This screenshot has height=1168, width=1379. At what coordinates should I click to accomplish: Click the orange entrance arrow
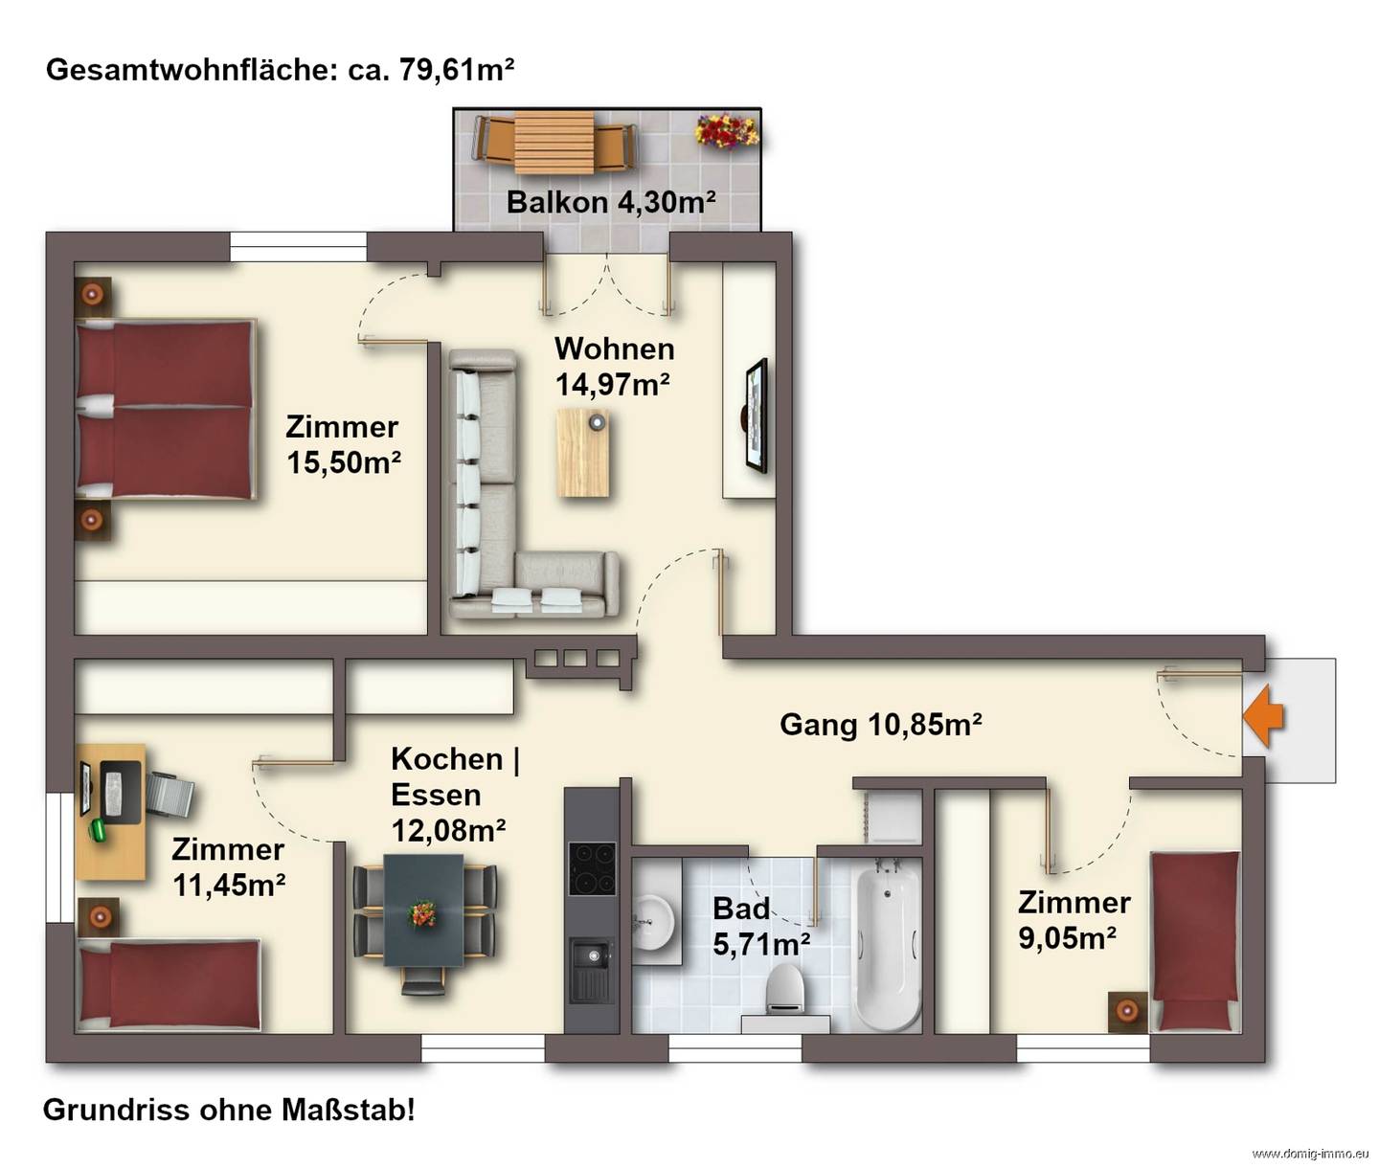click(x=1263, y=718)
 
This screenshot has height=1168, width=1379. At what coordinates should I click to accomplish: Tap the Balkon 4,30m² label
click(x=611, y=201)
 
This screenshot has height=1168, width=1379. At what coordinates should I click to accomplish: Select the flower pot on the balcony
click(x=727, y=131)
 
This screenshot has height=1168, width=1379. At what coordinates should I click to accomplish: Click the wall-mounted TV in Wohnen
click(x=756, y=416)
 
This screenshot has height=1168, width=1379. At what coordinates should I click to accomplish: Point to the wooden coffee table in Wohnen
click(x=582, y=453)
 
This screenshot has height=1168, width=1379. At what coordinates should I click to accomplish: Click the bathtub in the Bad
click(x=888, y=947)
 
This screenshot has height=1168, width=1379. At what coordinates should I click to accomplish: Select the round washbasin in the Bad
click(x=651, y=922)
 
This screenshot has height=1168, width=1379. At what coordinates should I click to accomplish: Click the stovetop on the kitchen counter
click(x=591, y=868)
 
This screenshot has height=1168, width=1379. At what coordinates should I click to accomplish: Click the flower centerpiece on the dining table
click(x=423, y=913)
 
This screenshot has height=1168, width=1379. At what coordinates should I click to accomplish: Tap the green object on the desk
click(x=99, y=830)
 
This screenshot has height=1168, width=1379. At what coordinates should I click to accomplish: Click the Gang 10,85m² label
click(x=881, y=725)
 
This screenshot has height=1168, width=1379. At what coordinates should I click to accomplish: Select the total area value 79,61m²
click(x=457, y=69)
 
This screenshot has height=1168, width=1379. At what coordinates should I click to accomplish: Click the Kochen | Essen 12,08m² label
click(x=455, y=795)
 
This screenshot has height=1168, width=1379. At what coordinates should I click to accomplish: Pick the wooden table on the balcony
click(x=554, y=142)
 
